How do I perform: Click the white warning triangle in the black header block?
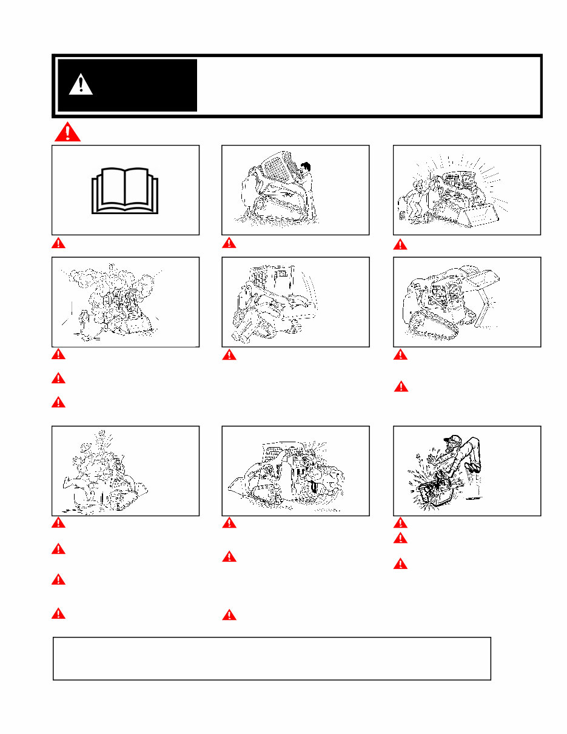[x=81, y=84]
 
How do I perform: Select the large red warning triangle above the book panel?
[x=67, y=132]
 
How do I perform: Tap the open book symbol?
[x=125, y=190]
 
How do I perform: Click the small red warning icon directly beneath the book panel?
[x=58, y=243]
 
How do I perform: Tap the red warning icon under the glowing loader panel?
[x=400, y=244]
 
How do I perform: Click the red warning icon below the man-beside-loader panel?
[x=229, y=243]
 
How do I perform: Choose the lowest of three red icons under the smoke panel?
[x=58, y=402]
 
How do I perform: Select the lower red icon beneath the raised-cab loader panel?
[x=400, y=386]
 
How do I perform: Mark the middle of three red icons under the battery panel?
[x=400, y=538]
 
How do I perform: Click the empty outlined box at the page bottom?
[x=272, y=658]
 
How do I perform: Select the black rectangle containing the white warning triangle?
[x=127, y=85]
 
